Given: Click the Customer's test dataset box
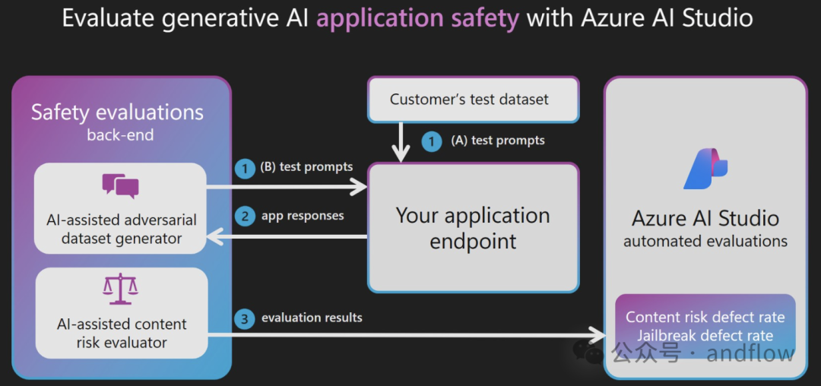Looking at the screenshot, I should [472, 100].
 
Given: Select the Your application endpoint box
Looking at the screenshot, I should [472, 228].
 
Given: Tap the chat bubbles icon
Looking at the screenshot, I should [120, 185].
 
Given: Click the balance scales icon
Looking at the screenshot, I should [120, 290].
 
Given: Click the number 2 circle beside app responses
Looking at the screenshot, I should [245, 217].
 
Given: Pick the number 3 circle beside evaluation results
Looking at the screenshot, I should [245, 318].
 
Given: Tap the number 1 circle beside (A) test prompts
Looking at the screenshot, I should [433, 141].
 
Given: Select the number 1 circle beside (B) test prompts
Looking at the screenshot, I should [245, 168].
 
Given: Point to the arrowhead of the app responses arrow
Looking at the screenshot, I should [214, 238].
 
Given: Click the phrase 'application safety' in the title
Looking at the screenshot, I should [417, 17].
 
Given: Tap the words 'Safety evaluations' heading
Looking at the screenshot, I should [117, 113].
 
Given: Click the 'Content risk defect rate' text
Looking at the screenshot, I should [705, 318].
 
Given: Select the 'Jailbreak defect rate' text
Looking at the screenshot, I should [705, 335].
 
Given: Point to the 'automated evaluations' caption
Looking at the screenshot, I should [705, 242].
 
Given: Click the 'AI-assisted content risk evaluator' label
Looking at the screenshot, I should [122, 334].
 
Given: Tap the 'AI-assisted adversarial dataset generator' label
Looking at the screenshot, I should [122, 229].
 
